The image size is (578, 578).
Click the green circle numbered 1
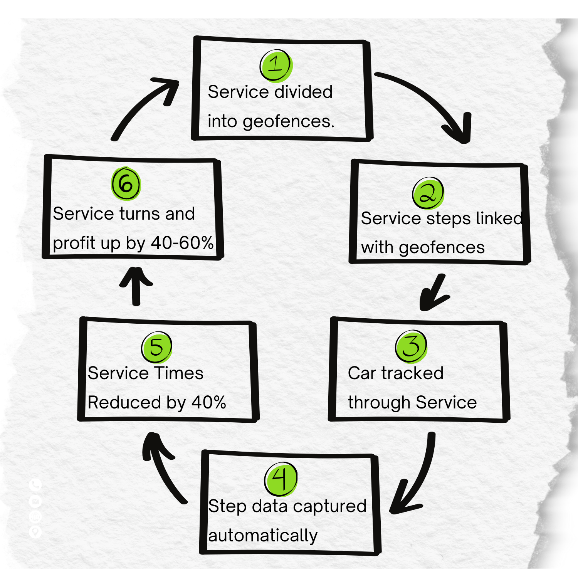pos(276,66)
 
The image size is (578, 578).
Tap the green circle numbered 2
pos(428,193)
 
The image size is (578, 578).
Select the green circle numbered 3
pos(411,346)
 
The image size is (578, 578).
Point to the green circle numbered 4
pos(281,479)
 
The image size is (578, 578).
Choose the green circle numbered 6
pos(126,184)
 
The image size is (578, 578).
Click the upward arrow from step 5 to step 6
pos(136,285)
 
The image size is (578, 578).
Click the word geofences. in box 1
pos(289,121)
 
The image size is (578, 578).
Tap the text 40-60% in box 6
pos(182,243)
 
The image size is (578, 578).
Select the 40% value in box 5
pos(208,402)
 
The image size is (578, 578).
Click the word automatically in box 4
pos(263,536)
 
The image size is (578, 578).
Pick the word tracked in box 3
pos(412,373)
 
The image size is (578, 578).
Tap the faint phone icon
pos(35,485)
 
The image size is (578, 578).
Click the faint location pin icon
pos(35,532)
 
